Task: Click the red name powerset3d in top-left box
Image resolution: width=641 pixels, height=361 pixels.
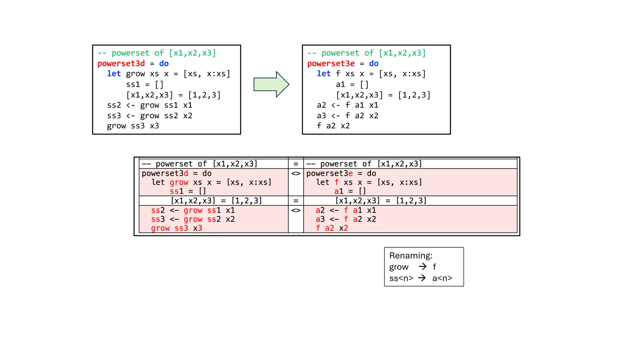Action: tap(121, 64)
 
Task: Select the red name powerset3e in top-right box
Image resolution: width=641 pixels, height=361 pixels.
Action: tap(331, 64)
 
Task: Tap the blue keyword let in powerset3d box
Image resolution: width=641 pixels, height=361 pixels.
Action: tap(114, 74)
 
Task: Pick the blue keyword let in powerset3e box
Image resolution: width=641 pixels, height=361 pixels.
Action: tap(324, 74)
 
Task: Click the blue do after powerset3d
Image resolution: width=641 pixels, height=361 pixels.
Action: tap(164, 64)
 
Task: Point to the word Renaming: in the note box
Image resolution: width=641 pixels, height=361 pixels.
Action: tap(411, 256)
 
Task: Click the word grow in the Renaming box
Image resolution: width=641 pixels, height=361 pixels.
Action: tap(399, 267)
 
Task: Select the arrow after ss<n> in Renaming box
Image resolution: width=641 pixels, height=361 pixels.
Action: tap(422, 278)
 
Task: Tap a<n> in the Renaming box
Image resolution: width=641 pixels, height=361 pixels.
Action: tap(442, 278)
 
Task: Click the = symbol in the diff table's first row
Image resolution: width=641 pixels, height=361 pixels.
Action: tap(296, 164)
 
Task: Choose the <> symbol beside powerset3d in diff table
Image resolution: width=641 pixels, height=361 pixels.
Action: tap(296, 174)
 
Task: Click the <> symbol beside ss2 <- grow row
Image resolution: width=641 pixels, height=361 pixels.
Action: tap(296, 210)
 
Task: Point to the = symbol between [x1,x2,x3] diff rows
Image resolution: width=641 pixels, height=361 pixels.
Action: tap(296, 201)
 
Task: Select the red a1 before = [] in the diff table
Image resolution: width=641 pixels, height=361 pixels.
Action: tap(339, 191)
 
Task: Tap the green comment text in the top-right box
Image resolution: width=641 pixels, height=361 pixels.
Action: tap(367, 53)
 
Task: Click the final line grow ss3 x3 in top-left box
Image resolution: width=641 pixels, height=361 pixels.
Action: tap(133, 126)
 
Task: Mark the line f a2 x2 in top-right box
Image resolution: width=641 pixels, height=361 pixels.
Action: tap(333, 126)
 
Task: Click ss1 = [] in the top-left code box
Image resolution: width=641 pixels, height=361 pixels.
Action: tap(145, 85)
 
